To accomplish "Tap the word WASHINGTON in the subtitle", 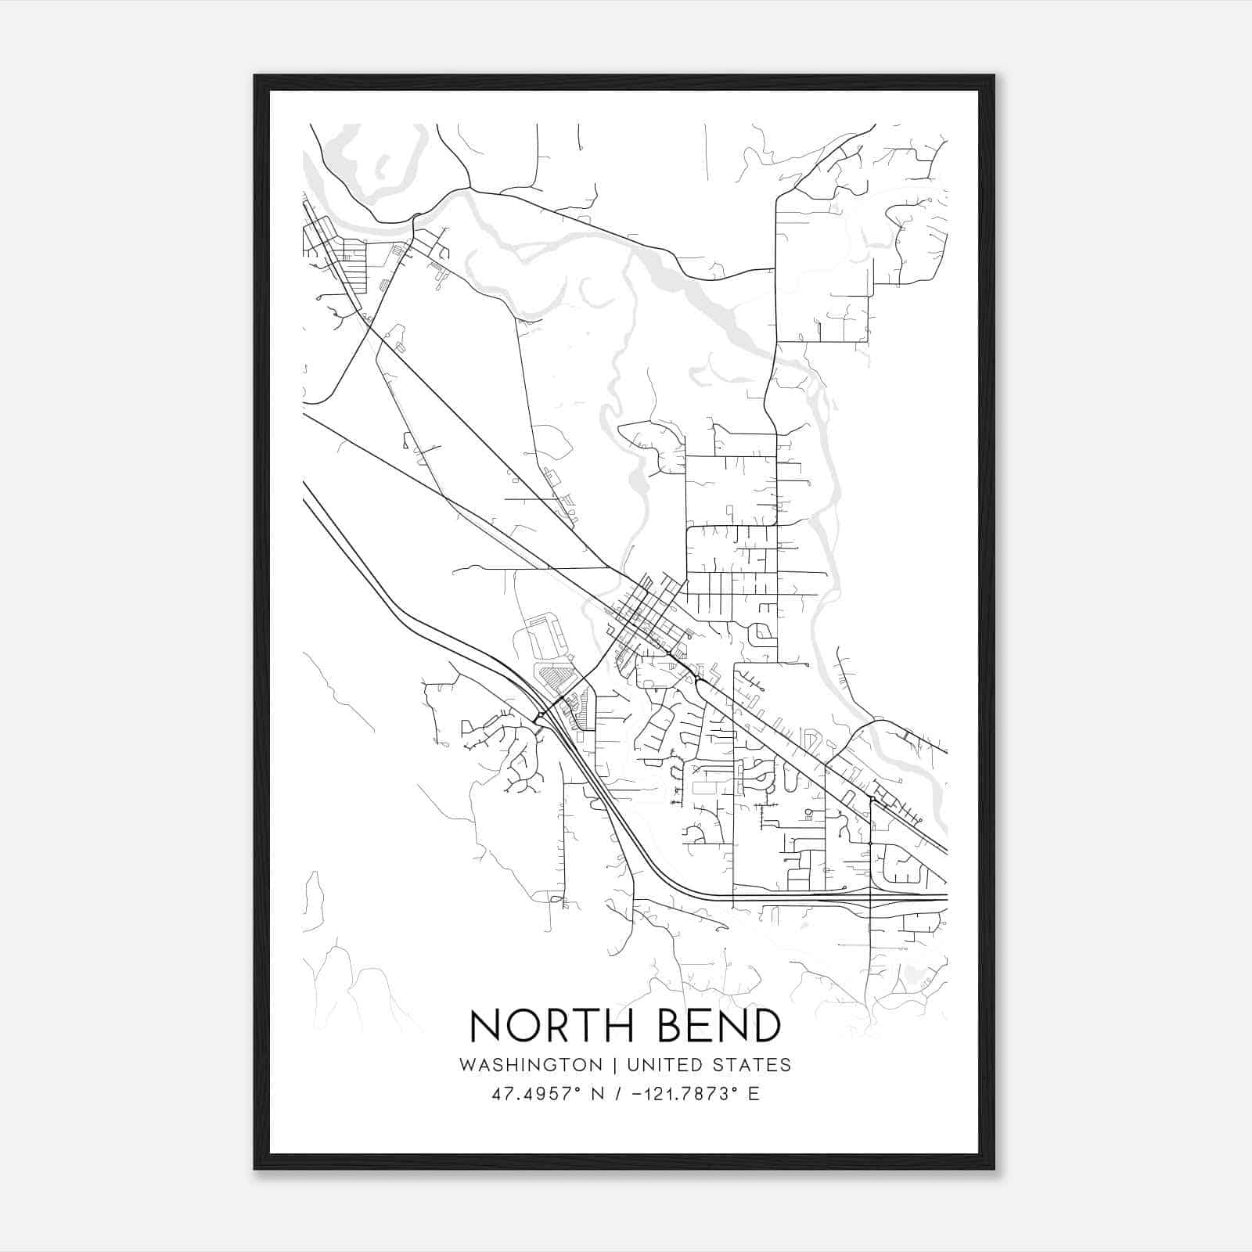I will pyautogui.click(x=531, y=1065).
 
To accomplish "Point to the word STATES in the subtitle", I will pyautogui.click(x=752, y=1065).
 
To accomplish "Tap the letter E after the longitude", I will pyautogui.click(x=754, y=1094).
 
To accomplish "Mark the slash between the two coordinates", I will pyautogui.click(x=619, y=1094).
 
